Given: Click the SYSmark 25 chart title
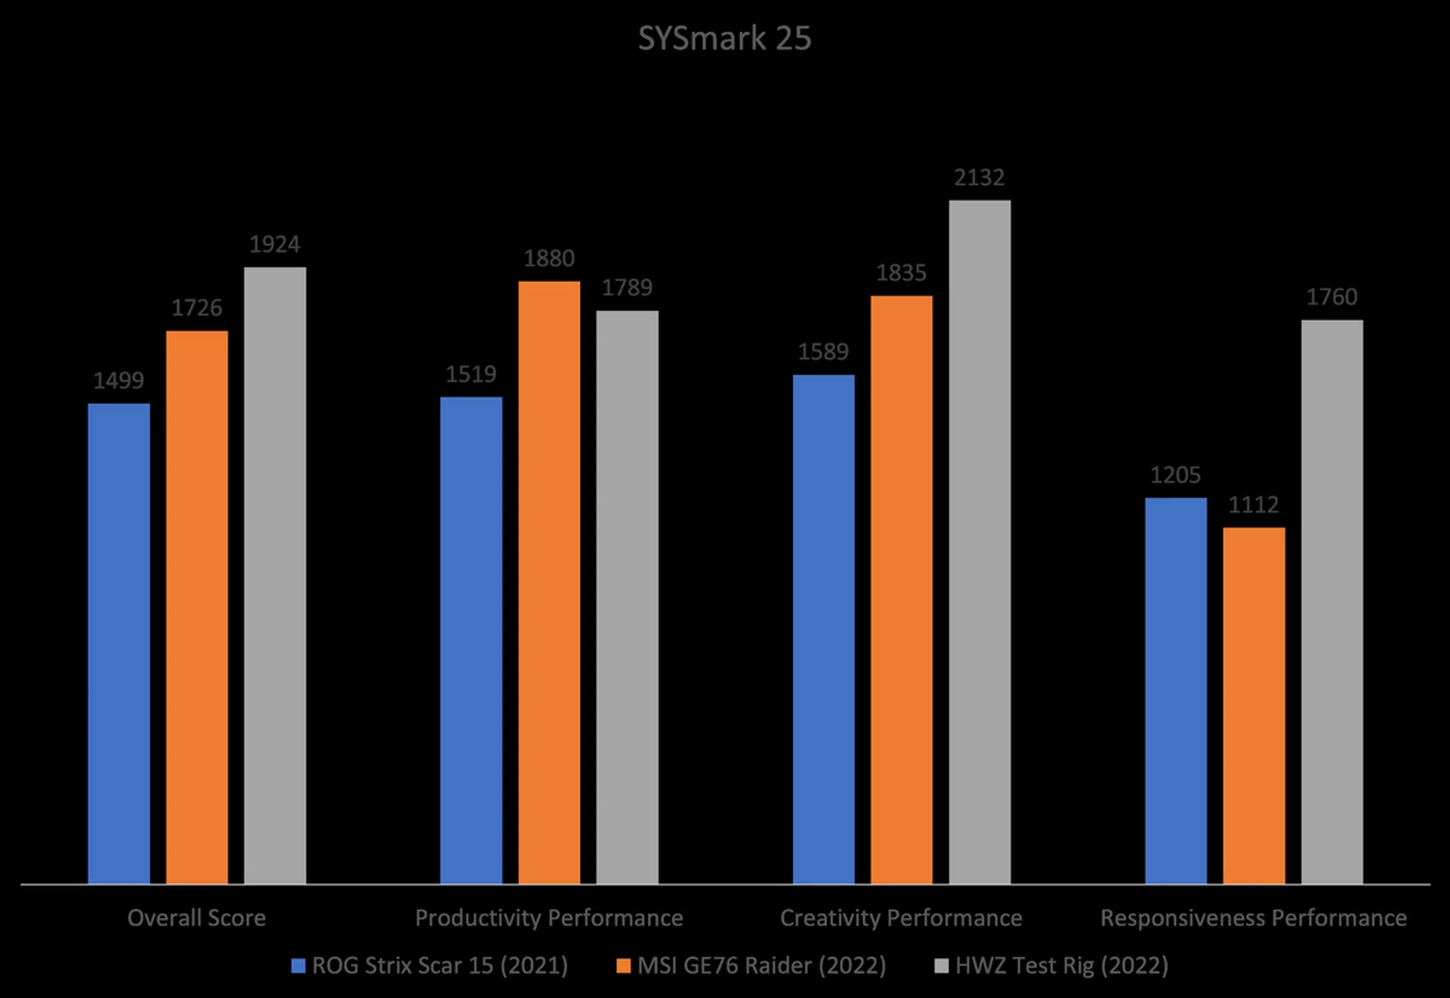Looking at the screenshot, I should coord(724,39).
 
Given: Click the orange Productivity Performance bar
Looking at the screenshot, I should coord(549,582).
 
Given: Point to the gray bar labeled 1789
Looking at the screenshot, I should coord(627,596).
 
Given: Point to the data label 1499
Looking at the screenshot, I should coord(119,380).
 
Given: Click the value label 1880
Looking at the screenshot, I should coord(549,259).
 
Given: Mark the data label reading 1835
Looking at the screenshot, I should coord(901,273).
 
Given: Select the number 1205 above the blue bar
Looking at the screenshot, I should coord(1175,476).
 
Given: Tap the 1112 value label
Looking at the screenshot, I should coord(1254,505).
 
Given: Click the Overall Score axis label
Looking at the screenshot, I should coord(196,918).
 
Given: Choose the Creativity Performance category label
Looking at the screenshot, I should coord(901,918).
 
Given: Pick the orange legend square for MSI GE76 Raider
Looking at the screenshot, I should coord(623,966).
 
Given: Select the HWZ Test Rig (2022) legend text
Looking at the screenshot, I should coord(1062,966).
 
